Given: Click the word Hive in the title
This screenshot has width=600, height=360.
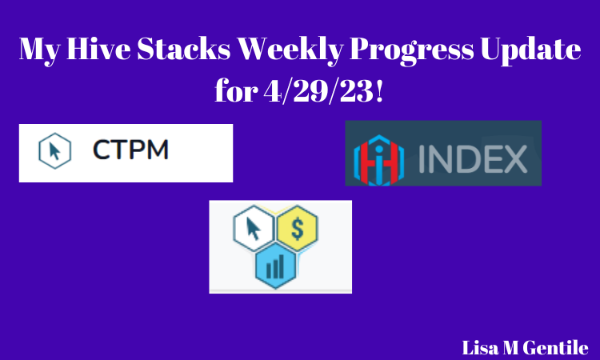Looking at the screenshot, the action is pos(98,49).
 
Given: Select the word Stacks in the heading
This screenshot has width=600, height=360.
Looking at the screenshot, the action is pos(184,49).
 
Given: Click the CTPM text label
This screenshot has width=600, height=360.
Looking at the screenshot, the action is pos(130,150).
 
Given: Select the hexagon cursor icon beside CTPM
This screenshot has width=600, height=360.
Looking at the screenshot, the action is pos(54,150).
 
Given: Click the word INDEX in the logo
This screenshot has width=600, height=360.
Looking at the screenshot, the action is pos(473,158).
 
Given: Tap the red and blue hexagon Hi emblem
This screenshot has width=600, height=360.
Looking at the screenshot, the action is pos(379,160).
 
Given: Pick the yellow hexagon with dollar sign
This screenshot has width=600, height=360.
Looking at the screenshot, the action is pos(298,228).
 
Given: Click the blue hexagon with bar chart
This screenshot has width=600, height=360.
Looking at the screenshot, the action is pos(275,266).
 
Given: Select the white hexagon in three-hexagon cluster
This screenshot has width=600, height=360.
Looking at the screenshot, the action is pos(254,228).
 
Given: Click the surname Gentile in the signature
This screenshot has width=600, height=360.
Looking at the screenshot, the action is pos(556,348).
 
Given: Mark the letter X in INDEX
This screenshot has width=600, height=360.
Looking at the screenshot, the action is pos(514,158).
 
